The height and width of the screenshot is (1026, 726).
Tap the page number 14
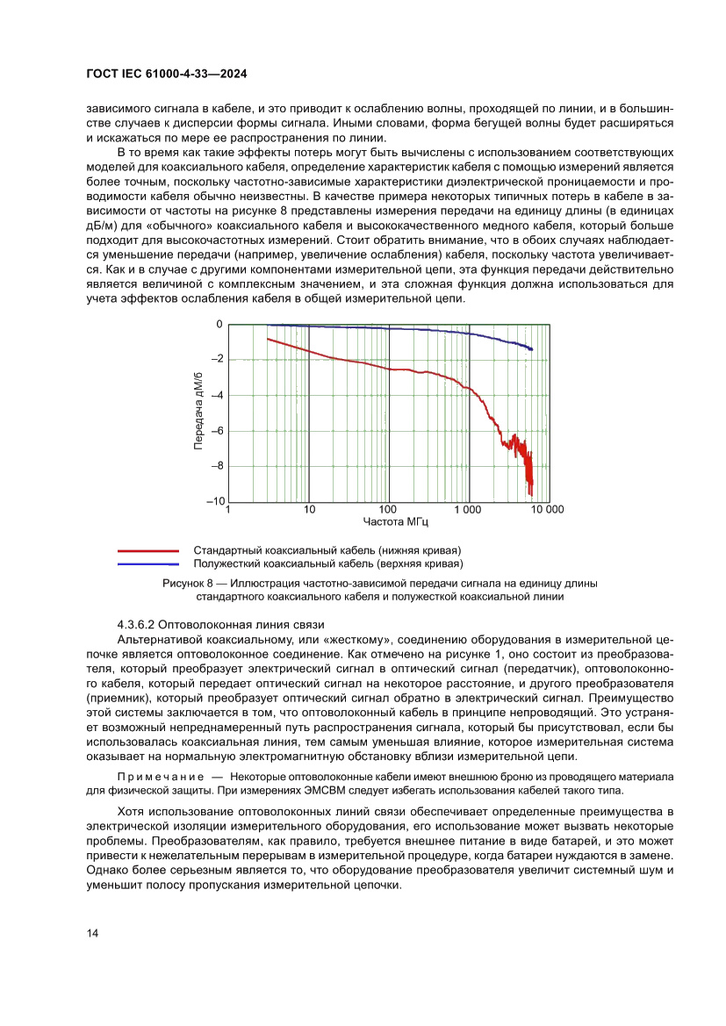tap(92, 933)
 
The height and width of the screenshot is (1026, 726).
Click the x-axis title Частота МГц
tap(388, 522)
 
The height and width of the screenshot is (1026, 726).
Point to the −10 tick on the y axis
tap(215, 501)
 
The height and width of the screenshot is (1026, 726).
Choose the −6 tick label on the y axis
tap(218, 431)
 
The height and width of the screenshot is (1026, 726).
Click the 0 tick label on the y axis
tap(219, 325)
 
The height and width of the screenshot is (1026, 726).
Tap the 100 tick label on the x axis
tap(388, 510)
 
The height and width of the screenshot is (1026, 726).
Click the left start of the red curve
tap(267, 339)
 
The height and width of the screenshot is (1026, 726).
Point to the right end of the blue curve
tap(531, 349)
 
